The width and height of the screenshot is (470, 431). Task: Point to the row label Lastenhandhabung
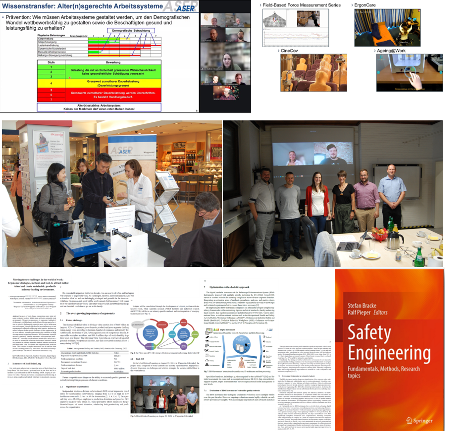[x=54, y=45]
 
